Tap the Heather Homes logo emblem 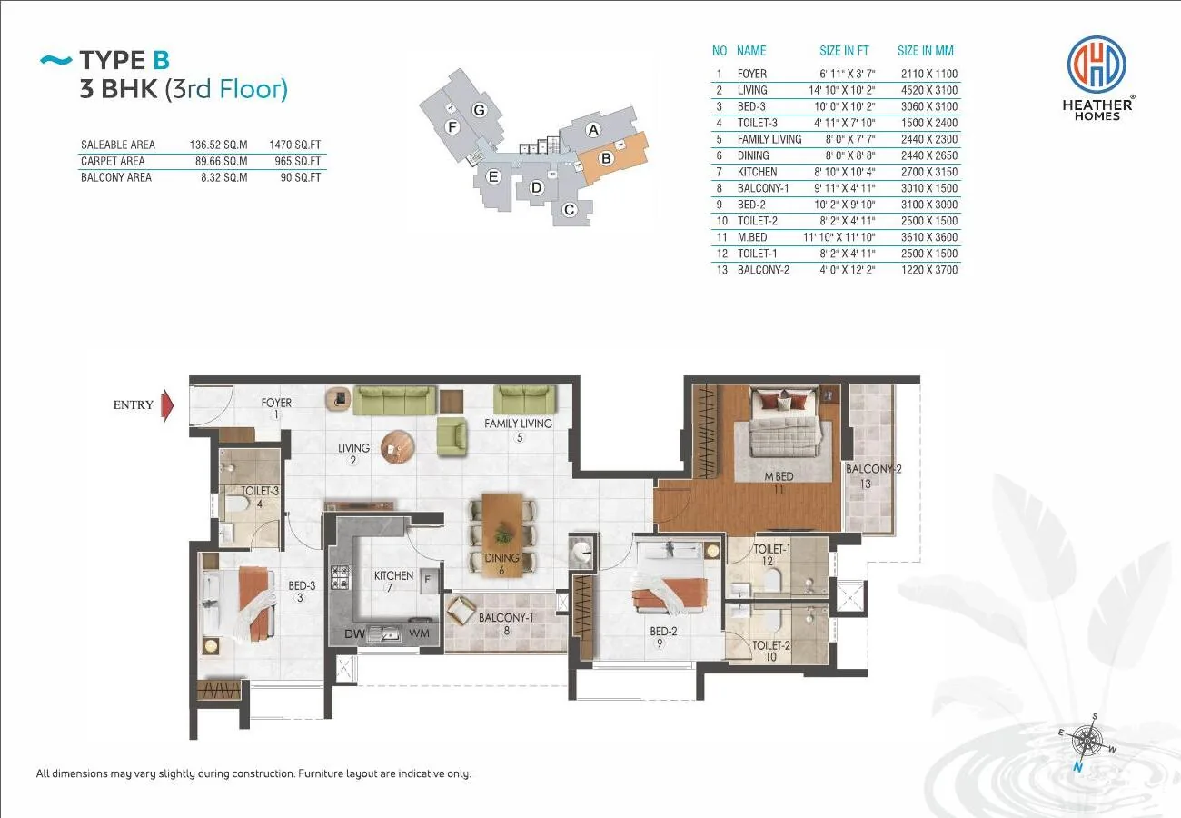[1097, 64]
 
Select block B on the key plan [611, 157]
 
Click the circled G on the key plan [480, 110]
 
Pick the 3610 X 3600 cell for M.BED [929, 237]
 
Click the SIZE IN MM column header [926, 51]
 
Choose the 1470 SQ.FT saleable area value [294, 145]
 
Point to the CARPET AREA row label [113, 161]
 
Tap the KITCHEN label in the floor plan [394, 575]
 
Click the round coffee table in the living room [397, 447]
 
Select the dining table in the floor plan [502, 534]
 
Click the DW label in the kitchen [354, 633]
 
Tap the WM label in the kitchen [419, 633]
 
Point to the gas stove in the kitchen [340, 577]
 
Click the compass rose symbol [1087, 742]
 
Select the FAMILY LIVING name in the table [769, 139]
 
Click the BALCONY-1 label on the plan [506, 617]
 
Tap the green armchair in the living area [452, 436]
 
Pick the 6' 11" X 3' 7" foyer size [848, 74]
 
